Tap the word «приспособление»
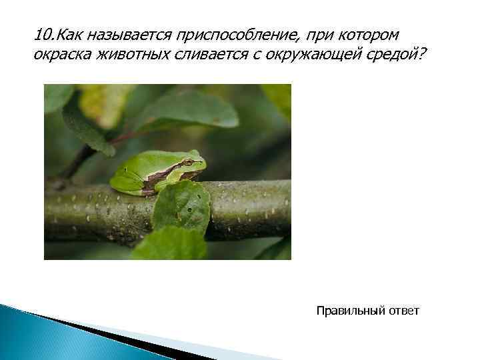click(226, 35)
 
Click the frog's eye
click(189, 162)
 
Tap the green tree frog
click(157, 171)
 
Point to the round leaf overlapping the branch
click(181, 207)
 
